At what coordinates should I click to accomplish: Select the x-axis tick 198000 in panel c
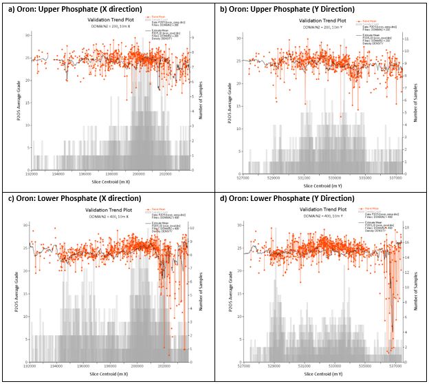point(112,365)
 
